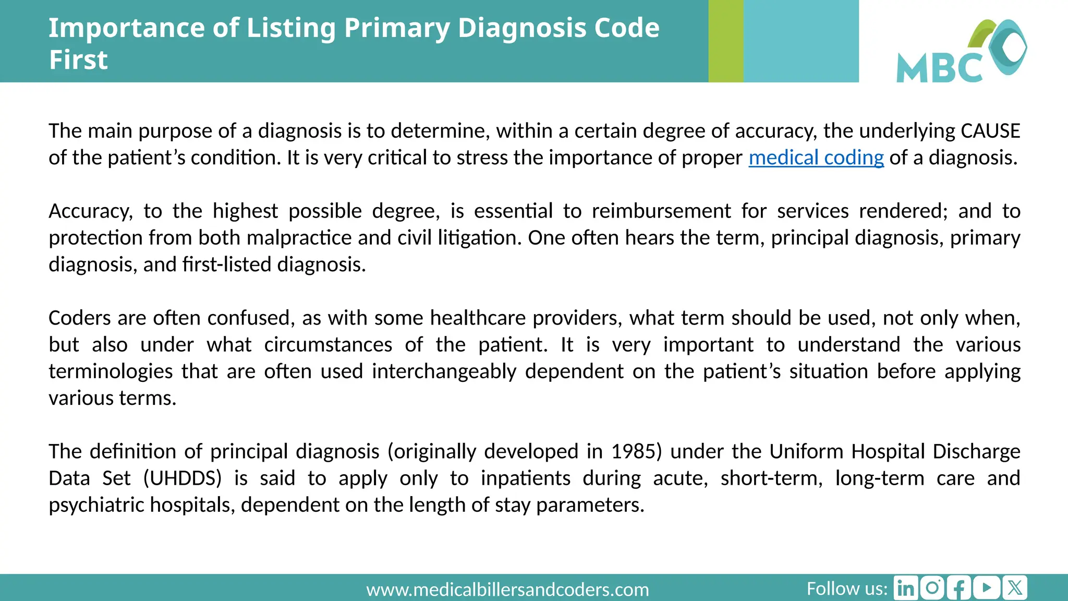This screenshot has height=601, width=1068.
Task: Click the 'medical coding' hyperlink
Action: point(816,158)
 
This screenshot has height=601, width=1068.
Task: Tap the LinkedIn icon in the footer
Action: point(906,588)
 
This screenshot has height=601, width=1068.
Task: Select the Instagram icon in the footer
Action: point(932,588)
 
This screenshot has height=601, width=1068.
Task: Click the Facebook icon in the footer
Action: point(960,588)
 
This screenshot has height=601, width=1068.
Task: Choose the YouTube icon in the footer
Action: point(987,588)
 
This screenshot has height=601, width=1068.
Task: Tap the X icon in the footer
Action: point(1015,588)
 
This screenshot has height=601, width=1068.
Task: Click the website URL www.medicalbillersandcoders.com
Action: point(507,590)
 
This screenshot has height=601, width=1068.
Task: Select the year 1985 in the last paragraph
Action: point(636,451)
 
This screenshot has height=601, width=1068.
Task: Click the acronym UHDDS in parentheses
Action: point(183,478)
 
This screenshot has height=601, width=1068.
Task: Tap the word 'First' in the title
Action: point(78,59)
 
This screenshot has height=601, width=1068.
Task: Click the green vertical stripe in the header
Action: point(725,41)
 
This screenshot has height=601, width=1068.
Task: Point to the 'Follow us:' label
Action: point(846,588)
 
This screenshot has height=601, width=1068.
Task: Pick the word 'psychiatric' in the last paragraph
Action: point(97,505)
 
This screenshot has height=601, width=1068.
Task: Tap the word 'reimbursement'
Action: point(661,211)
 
